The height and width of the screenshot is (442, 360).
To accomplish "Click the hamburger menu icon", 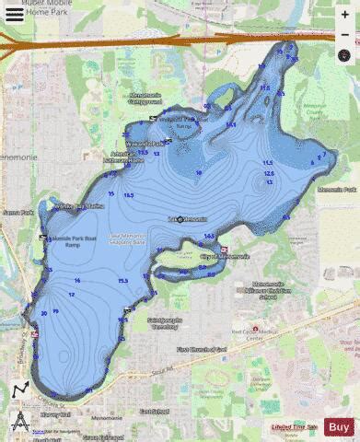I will coord(15,15).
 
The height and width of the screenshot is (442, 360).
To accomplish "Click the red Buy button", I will coord(338,426).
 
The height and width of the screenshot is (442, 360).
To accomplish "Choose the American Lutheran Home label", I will coord(128,157).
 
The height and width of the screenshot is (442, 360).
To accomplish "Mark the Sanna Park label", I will coord(17,212).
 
